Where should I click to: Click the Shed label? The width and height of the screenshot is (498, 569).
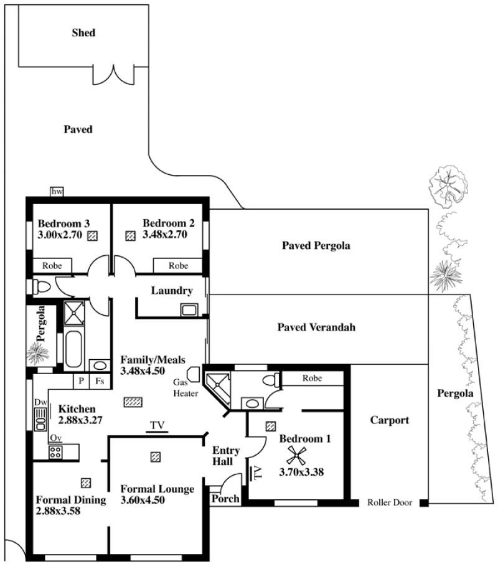tap(83, 32)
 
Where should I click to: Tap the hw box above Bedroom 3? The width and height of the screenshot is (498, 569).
tap(57, 192)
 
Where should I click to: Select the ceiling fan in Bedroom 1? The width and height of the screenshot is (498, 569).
tap(296, 455)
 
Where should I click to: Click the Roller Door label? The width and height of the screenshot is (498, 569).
tap(390, 502)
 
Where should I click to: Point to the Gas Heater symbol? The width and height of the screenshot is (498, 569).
tap(193, 374)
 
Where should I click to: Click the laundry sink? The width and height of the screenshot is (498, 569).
tap(189, 310)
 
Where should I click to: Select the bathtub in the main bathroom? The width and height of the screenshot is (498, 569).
tap(73, 349)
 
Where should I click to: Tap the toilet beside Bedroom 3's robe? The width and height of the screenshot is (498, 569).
tap(41, 286)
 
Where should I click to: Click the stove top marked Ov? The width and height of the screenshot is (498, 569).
tap(55, 452)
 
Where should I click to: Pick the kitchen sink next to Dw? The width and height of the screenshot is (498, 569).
tap(40, 419)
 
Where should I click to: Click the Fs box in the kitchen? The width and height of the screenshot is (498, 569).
tap(100, 382)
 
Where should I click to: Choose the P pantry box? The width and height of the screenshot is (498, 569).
tap(82, 382)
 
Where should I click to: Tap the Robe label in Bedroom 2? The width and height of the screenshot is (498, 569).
tap(178, 266)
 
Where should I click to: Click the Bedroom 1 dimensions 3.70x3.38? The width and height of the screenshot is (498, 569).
tap(301, 472)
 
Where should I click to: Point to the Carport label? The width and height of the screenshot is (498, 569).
tap(390, 420)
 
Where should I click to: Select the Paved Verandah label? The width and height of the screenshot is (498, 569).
tap(316, 327)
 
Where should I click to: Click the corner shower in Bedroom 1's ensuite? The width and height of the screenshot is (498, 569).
tap(217, 390)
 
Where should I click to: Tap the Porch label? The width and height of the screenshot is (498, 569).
tap(225, 499)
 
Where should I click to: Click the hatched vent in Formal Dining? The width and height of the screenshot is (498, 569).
tap(86, 483)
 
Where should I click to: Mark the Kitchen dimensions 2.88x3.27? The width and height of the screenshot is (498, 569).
tap(80, 420)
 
